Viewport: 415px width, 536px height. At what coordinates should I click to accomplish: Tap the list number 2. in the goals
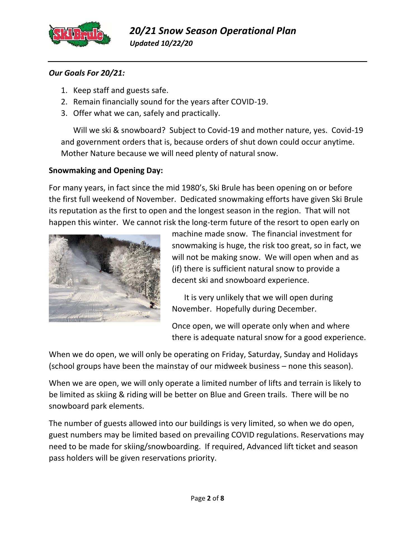[x=65, y=102]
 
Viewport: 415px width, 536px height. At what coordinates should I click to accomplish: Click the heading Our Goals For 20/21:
[x=87, y=73]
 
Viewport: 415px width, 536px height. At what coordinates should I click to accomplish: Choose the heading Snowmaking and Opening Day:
[x=106, y=171]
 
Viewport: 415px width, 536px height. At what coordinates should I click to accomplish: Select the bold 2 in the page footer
[x=209, y=499]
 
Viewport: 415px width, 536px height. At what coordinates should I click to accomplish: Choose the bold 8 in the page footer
[x=222, y=499]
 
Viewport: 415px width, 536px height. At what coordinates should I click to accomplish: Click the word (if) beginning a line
[x=177, y=269]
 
